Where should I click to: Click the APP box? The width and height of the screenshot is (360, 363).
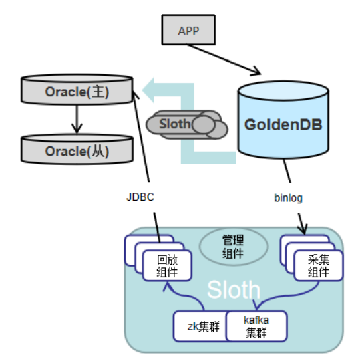coord(188,30)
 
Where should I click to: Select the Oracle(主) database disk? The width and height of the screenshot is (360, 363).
coord(77,89)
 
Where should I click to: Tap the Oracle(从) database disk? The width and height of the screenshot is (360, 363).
coord(77,149)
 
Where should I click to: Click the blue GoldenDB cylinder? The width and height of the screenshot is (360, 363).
coord(283,120)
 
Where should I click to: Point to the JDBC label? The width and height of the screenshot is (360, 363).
coord(140,197)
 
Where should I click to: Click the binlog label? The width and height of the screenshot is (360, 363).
coord(288,198)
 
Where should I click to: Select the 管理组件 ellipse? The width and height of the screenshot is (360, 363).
coord(234,246)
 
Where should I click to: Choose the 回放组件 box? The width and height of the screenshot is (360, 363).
coord(167,265)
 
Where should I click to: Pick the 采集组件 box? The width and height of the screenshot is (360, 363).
coord(319,265)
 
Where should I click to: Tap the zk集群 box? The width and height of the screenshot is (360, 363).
coord(200,326)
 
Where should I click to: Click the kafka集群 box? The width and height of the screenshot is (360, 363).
coord(256,326)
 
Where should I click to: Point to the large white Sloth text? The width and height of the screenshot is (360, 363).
coord(234,289)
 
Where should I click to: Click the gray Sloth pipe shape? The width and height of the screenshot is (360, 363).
coord(187,124)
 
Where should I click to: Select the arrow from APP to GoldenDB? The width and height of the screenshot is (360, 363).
coord(224,59)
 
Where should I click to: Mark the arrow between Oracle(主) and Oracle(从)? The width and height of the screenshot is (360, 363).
coord(77,120)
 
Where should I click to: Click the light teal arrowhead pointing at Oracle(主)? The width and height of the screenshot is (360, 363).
coord(148,90)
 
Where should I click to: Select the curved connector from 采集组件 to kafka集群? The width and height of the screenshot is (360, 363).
coord(289,295)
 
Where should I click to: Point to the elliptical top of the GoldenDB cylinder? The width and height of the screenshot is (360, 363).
coord(283,91)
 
